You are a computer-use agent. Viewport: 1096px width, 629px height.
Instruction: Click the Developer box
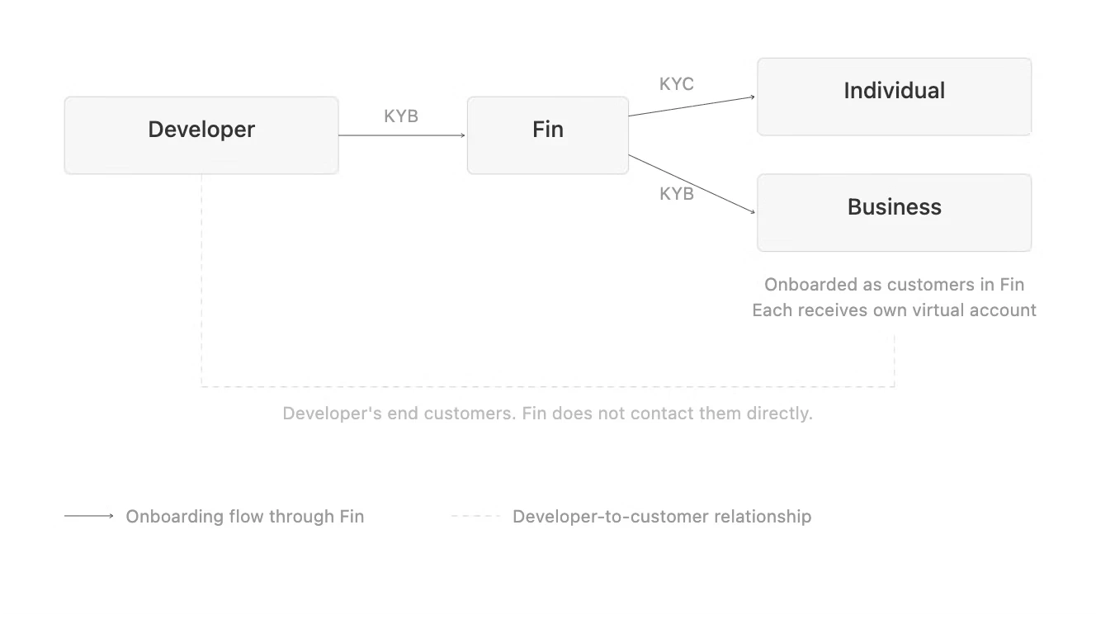coord(201,135)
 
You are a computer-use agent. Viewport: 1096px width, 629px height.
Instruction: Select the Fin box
coord(547,135)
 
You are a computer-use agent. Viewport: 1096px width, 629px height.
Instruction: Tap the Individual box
coord(894,97)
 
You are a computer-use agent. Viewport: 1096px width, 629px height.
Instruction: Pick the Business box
coord(894,212)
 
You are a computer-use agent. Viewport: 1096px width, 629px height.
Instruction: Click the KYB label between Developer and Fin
coord(401,116)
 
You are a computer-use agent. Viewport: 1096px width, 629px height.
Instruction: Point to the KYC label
coord(676,84)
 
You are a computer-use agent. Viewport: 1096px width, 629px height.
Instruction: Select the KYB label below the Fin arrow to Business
coord(676,194)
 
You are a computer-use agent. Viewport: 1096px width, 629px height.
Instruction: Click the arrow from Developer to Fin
coord(402,135)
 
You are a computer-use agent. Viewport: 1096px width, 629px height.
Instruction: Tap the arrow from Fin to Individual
coord(692,106)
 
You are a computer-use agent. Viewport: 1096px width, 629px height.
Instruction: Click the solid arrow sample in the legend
coord(89,516)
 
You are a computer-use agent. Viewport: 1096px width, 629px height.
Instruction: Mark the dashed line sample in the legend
coord(475,516)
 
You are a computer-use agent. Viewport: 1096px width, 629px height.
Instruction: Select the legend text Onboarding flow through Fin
coord(244,517)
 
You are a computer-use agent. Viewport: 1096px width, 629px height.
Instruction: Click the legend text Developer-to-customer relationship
coord(662,517)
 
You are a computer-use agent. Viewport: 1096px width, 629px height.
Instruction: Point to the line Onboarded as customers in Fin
coord(894,285)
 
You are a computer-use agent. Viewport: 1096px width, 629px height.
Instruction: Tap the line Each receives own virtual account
coord(894,310)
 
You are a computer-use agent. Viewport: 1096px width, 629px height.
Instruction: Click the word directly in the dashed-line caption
coord(779,414)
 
